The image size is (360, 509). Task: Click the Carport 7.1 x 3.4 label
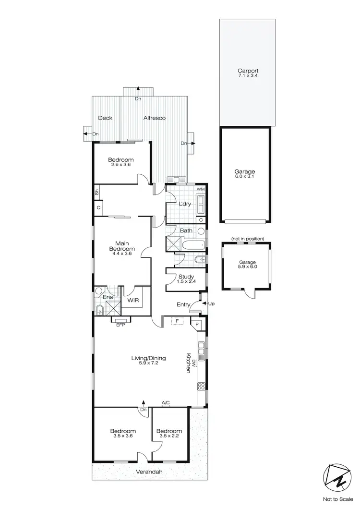tap(248, 73)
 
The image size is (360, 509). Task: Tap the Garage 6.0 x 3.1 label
tap(245, 174)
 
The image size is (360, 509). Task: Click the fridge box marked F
tap(177, 320)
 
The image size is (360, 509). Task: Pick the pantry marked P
tap(197, 325)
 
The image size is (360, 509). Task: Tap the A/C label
tap(166, 402)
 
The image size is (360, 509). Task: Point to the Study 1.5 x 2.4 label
tap(186, 279)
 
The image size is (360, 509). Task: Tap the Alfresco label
tap(154, 118)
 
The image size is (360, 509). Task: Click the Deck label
tap(105, 118)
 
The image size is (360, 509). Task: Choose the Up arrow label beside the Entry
tap(211, 303)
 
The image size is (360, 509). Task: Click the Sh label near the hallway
tap(96, 192)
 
